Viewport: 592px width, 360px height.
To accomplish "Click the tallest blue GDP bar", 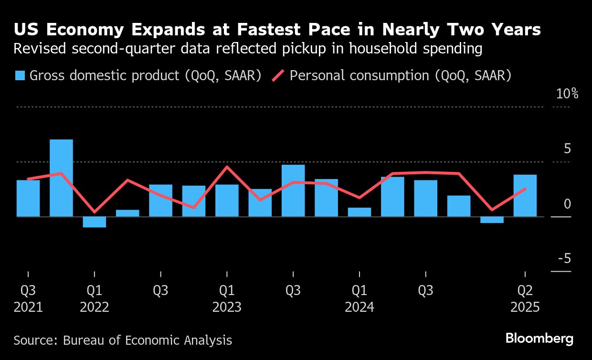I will (x=62, y=178).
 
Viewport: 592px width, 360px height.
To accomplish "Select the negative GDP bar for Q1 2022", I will (x=95, y=222).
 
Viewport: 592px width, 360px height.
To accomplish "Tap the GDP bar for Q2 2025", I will (x=525, y=196).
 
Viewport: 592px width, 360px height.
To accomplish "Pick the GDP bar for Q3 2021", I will (x=28, y=198).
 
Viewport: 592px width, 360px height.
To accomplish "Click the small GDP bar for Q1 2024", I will (x=359, y=212).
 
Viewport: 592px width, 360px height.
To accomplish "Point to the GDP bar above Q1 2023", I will (x=227, y=201).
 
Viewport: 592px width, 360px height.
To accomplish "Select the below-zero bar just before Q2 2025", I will (x=492, y=220).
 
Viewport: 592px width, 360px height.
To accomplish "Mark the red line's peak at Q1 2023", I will (x=227, y=167).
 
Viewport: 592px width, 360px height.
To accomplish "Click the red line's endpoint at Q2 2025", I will (x=525, y=189).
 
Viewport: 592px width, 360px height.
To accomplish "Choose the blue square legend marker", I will (x=20, y=76).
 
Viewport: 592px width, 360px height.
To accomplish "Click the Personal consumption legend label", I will (x=401, y=76).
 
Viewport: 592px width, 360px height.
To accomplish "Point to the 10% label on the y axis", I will (x=567, y=94).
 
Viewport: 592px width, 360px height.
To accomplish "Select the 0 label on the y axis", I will (x=567, y=204).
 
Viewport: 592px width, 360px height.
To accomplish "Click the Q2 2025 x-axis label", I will (x=525, y=298).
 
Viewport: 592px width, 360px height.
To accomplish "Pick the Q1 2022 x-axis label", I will (x=95, y=298).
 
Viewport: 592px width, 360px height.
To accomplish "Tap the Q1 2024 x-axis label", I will (x=359, y=298).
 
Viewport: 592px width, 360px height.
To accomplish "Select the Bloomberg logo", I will (x=539, y=339).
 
